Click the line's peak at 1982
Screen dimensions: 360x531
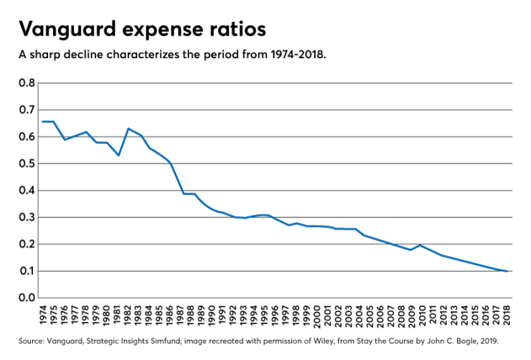click(128, 128)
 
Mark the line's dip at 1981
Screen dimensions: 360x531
click(118, 155)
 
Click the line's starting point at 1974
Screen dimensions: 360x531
click(43, 121)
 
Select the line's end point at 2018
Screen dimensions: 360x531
click(507, 271)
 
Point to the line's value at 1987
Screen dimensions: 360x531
click(182, 194)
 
